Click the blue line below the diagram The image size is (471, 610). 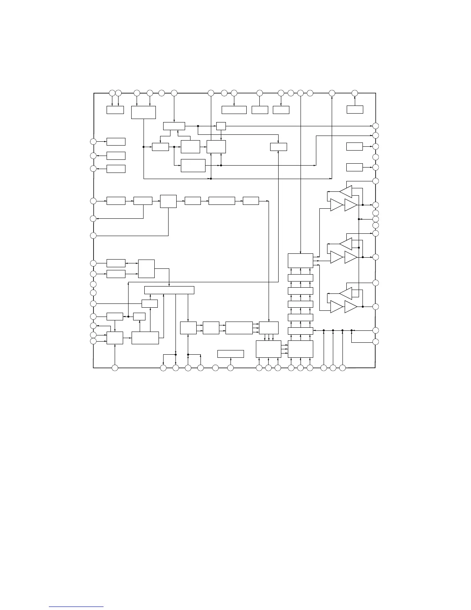tap(77, 607)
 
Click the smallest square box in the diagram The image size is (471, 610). tap(221, 126)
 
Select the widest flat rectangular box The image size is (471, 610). tap(169, 290)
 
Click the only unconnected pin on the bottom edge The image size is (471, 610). tap(215, 368)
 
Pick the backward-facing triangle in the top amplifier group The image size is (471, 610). tap(346, 191)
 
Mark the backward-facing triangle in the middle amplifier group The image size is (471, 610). tap(346, 243)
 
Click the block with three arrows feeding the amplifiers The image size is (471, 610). tap(300, 260)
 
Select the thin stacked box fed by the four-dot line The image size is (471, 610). tap(300, 331)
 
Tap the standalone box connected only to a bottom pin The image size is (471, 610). tap(230, 354)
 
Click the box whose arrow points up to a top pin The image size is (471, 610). tap(354, 109)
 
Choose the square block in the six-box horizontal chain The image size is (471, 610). tap(168, 201)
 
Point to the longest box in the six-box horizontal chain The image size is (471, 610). tap(222, 201)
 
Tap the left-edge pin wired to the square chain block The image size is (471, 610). tap(93, 235)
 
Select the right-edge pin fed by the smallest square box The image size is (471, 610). tap(376, 126)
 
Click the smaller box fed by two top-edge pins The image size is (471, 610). tap(115, 110)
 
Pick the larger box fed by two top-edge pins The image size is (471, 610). tap(143, 112)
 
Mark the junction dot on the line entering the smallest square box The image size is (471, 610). tap(198, 126)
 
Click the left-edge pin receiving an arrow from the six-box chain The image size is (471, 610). tap(93, 219)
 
